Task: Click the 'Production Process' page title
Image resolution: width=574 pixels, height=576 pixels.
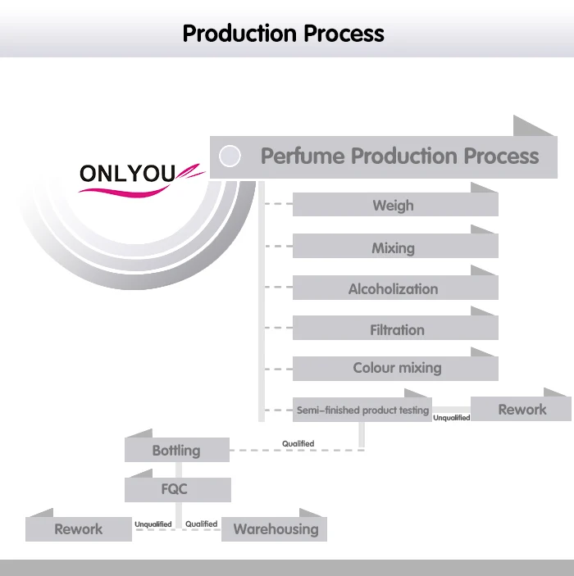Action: [x=283, y=34]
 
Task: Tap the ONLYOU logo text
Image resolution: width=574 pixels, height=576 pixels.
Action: [x=127, y=173]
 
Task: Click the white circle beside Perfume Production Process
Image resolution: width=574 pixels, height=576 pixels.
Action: [x=230, y=156]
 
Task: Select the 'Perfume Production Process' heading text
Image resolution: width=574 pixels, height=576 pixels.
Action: [x=399, y=156]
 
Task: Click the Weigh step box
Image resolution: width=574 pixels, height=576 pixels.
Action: [x=394, y=205]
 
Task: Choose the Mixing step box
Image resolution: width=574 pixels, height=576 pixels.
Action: [x=394, y=247]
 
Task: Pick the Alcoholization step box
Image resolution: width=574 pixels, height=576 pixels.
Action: [x=394, y=288]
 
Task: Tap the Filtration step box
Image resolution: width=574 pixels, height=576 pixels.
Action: [x=394, y=329]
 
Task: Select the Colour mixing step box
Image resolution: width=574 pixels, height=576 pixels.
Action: [x=394, y=368]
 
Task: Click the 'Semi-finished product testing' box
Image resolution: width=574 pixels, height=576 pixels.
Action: [x=362, y=410]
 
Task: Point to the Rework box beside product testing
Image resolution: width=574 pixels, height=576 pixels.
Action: [x=522, y=409]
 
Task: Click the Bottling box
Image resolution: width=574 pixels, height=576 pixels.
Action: [x=176, y=450]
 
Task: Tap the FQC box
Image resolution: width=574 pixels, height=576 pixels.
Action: [x=176, y=489]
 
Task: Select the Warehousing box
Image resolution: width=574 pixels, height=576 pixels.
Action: [x=275, y=528]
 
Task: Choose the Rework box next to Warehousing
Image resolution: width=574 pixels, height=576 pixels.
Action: [x=79, y=528]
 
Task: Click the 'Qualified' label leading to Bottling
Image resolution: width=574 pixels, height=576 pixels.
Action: [x=298, y=444]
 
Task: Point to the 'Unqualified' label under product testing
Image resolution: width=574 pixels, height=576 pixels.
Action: [x=452, y=418]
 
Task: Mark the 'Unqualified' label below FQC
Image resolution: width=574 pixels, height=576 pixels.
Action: [x=153, y=524]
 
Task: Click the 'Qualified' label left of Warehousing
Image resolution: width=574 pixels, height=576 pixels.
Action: [x=201, y=524]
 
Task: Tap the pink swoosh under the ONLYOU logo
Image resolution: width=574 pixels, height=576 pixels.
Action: [x=139, y=188]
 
